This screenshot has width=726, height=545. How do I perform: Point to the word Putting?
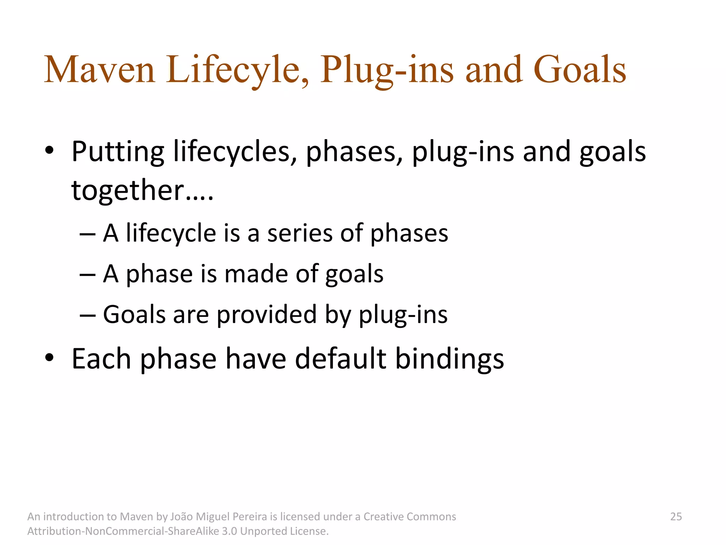[118, 152]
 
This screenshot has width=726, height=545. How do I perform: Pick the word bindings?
[449, 359]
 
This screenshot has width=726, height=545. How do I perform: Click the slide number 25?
[676, 517]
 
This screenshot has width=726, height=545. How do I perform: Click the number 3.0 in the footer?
[229, 531]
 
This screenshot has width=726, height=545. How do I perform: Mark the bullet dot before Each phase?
[50, 358]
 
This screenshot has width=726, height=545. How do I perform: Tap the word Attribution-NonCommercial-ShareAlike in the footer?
[123, 531]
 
